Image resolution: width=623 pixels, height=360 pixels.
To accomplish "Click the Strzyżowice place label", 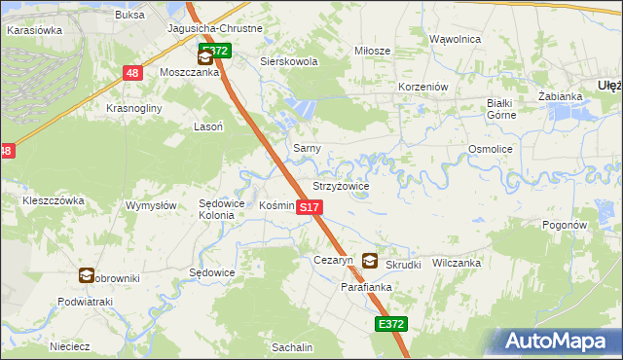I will coord(340,185).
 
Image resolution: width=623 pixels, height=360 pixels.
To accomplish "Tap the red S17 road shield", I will coord(308,208).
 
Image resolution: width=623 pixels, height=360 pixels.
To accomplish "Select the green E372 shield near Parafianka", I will coord(390,324).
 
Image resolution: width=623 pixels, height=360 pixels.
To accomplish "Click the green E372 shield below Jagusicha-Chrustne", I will coord(214,51).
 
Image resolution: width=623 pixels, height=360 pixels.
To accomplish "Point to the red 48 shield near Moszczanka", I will coord(133,73).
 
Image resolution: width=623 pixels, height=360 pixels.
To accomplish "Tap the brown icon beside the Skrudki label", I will coord(370,261).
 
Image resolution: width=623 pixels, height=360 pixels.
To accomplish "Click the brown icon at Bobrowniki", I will coord(88,276).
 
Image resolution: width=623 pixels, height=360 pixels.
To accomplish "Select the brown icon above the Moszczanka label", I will coord(204,58).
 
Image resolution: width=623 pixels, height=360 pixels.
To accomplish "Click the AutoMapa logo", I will coord(555,342).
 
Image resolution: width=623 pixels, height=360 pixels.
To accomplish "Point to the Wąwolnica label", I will coord(456,39).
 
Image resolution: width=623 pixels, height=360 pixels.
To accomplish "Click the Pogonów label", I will coord(566,224).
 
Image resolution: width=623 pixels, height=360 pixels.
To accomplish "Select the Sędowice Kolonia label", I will coord(217,209).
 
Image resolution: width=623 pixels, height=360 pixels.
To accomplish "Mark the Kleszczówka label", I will coord(54,200).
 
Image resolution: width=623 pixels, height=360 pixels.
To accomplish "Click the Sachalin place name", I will coord(292,347).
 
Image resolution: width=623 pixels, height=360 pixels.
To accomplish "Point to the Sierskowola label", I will coord(289,61).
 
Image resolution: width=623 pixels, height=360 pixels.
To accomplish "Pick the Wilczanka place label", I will coord(457,263).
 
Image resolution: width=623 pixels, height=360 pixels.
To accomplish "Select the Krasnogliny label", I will coord(134,108).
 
